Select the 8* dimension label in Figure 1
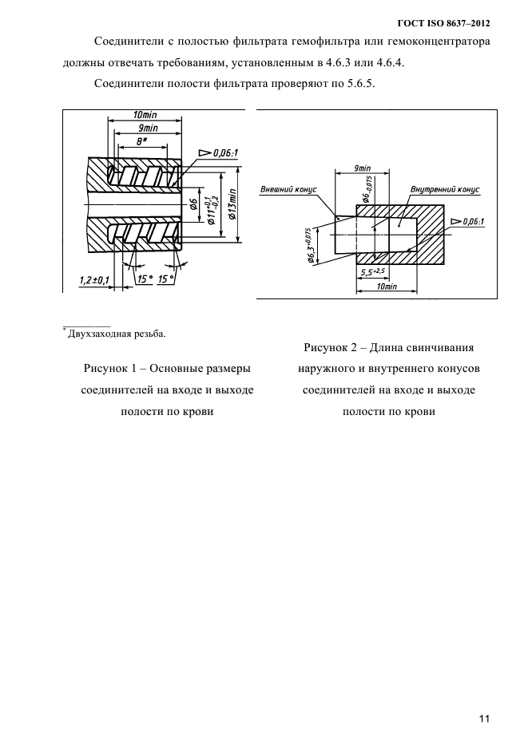[141, 140]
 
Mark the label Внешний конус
[288, 189]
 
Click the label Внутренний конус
[444, 189]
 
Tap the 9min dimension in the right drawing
[361, 168]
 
